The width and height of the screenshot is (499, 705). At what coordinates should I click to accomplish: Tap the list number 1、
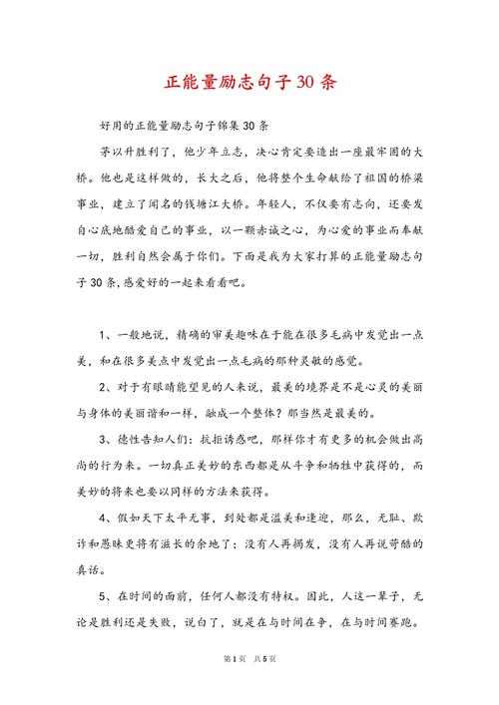108,334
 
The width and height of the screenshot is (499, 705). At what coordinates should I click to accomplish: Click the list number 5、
108,593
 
